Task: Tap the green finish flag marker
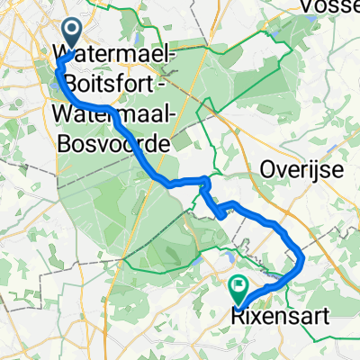(x=239, y=289)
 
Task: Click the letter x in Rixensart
(x=248, y=316)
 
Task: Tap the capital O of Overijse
(x=267, y=169)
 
